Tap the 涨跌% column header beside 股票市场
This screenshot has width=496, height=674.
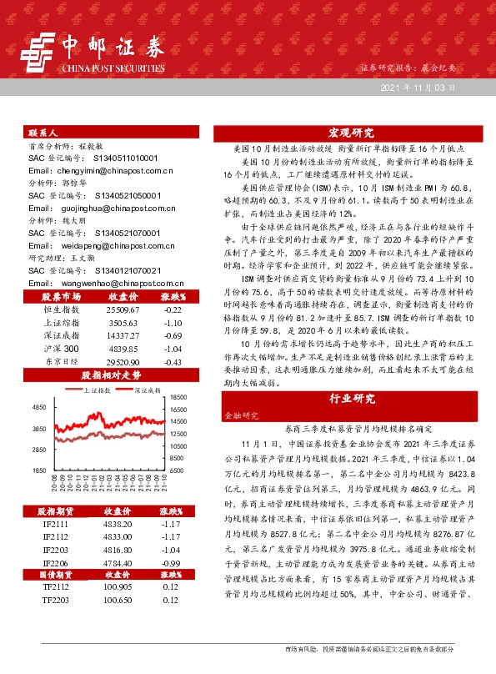coord(172,296)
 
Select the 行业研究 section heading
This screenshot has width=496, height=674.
coord(350,398)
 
